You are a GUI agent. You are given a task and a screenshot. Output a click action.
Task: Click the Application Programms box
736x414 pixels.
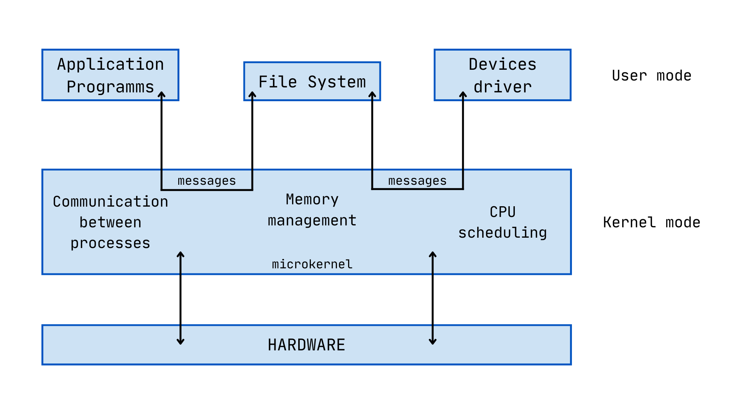110,75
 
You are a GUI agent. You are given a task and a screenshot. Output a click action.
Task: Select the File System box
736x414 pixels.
312,82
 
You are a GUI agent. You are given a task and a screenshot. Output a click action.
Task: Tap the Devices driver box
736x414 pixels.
502,75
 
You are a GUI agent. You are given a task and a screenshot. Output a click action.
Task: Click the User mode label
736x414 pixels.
651,76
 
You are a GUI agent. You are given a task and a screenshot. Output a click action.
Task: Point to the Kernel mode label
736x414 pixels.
651,222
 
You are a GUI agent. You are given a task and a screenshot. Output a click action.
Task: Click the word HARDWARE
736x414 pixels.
306,345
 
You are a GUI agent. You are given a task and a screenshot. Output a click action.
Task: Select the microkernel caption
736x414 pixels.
312,264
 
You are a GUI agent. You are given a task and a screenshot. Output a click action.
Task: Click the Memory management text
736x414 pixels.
312,210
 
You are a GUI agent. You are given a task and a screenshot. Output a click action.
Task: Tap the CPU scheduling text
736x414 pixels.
502,222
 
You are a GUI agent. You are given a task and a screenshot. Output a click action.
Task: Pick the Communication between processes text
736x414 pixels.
110,222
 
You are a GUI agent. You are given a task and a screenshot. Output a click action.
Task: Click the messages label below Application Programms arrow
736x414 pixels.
207,181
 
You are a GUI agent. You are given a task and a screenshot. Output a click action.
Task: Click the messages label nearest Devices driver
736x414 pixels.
417,181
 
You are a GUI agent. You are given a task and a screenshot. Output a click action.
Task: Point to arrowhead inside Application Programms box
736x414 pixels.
162,94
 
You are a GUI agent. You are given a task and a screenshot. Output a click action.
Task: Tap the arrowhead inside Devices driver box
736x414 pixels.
463,94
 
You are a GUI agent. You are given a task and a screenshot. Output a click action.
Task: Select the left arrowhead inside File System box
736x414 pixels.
252,94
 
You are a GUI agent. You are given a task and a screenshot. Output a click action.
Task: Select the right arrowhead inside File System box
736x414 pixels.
372,94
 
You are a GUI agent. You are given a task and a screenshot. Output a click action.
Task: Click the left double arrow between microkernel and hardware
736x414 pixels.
181,298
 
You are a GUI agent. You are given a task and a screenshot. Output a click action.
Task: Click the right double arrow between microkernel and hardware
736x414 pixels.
432,298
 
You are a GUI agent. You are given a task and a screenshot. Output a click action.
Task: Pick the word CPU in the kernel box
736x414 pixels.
502,212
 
